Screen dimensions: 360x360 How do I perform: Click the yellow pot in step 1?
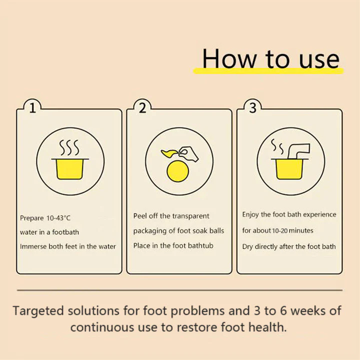69,168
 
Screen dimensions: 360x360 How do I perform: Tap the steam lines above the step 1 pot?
69,148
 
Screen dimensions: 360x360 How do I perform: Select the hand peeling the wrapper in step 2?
188,153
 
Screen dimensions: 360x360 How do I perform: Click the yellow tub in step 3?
288,168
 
